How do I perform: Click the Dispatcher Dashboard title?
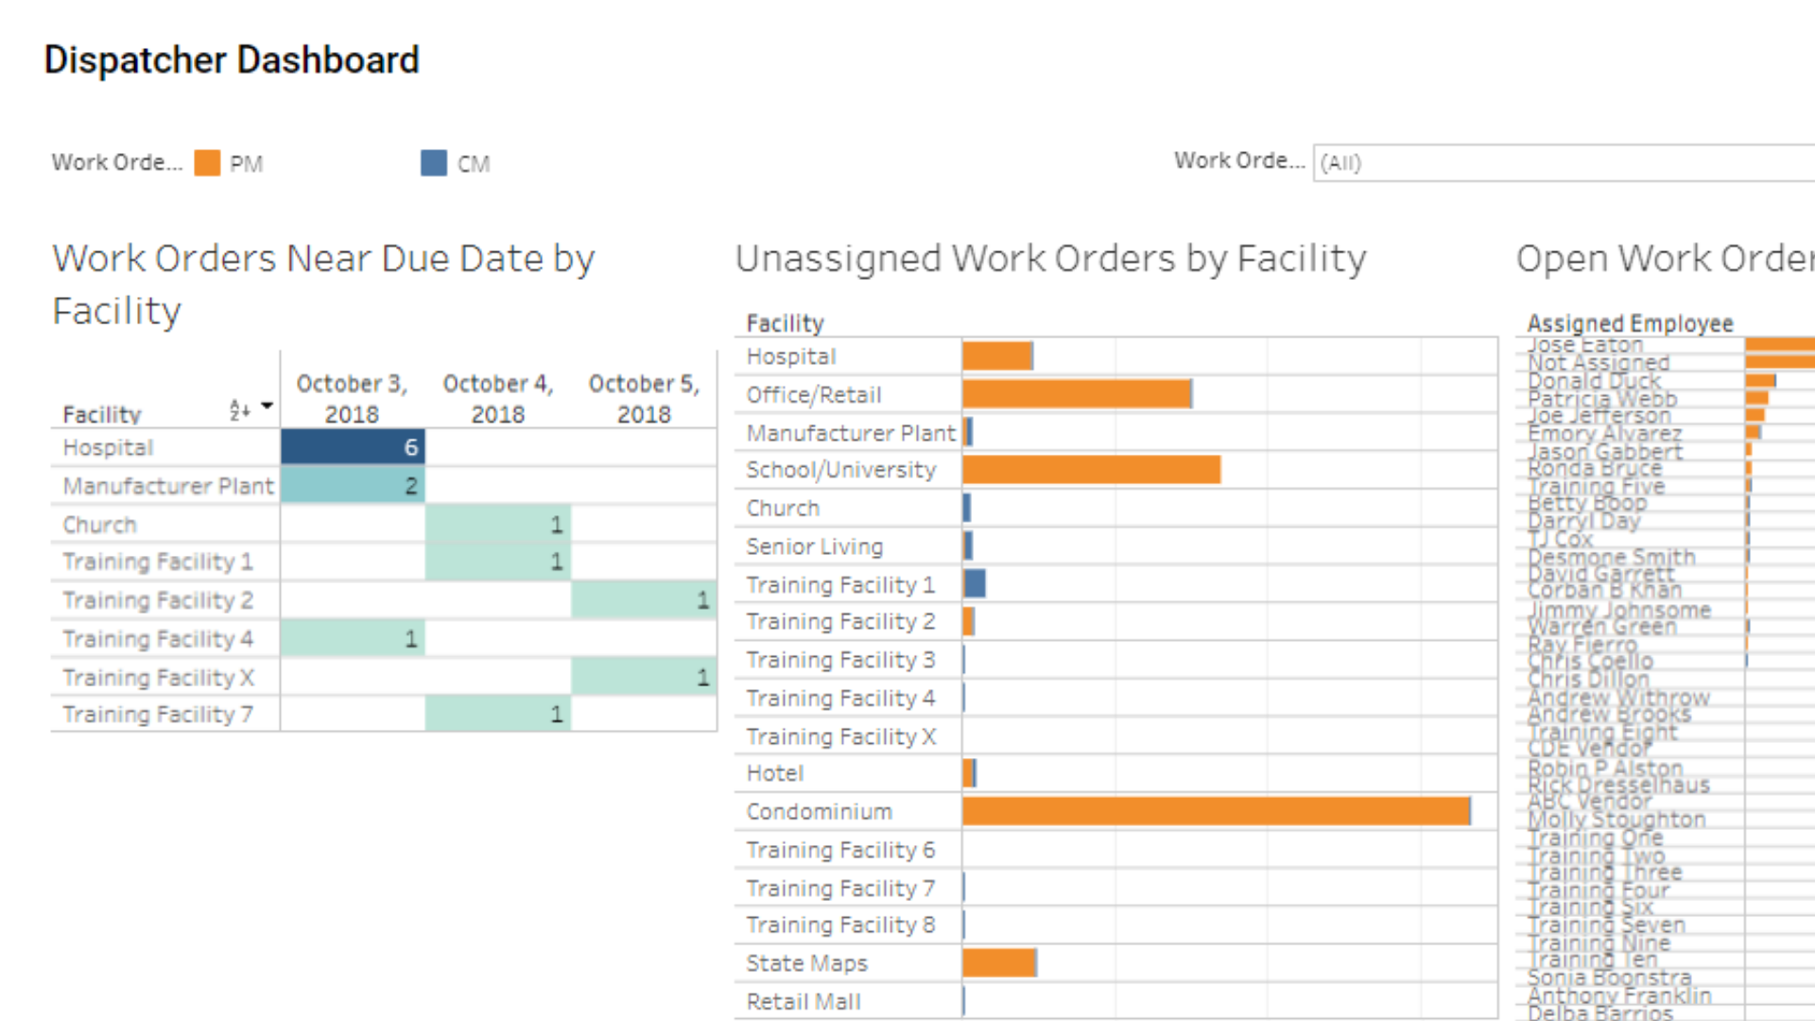232,61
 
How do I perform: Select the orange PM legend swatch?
207,163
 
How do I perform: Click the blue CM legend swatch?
434,163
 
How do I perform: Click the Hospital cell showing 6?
353,447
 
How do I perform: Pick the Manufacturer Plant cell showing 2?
353,486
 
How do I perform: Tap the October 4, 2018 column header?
498,398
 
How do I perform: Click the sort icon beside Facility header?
240,409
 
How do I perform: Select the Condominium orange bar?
1216,811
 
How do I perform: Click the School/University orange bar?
1091,470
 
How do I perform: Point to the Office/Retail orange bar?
1077,394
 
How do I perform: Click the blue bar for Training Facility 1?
975,584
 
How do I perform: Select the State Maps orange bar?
999,963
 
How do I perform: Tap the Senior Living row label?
814,546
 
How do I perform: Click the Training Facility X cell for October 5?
643,677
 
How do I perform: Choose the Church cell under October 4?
497,524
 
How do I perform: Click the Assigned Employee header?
1630,323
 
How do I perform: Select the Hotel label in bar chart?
774,773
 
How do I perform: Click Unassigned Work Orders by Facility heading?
1050,259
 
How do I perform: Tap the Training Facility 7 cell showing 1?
497,714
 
